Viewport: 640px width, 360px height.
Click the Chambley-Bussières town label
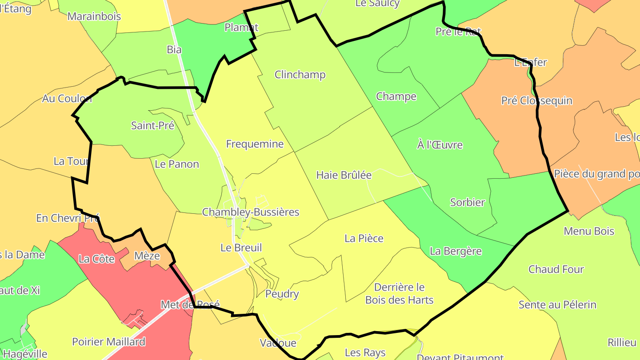[x=251, y=212]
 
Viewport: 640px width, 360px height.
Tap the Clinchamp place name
[x=300, y=75]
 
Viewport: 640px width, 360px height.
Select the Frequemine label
[x=255, y=144]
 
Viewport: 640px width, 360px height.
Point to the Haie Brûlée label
[x=344, y=175]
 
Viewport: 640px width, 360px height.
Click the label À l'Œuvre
[x=440, y=145]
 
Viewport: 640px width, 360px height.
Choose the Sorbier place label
[x=468, y=202]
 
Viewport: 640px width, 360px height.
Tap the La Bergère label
[x=456, y=251]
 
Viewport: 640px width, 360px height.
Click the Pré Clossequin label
[x=536, y=100]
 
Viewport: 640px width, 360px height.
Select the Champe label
[x=396, y=96]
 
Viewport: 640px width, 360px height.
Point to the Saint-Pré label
[x=152, y=125]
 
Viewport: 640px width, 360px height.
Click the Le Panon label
[x=177, y=164]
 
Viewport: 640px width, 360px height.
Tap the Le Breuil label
[x=241, y=248]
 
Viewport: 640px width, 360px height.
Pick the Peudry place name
[x=282, y=294]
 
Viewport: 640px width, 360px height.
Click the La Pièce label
[x=364, y=238]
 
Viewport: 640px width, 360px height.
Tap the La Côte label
[x=96, y=259]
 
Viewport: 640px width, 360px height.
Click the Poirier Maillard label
[x=108, y=342]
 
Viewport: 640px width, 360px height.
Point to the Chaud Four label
[x=556, y=269]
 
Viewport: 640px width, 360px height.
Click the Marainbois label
[x=94, y=16]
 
